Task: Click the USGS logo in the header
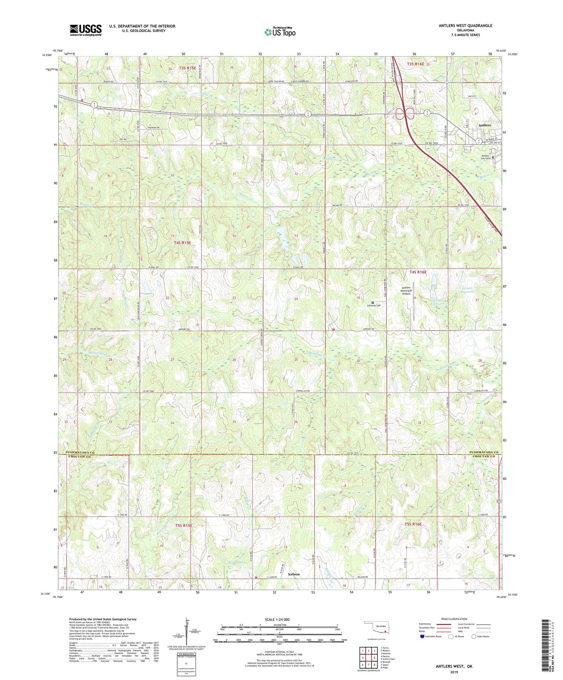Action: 86,30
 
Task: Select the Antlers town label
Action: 484,125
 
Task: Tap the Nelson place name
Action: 294,574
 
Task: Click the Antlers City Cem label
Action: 482,157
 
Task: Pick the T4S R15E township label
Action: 182,243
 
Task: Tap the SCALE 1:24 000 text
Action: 277,619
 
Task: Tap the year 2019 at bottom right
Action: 454,672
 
